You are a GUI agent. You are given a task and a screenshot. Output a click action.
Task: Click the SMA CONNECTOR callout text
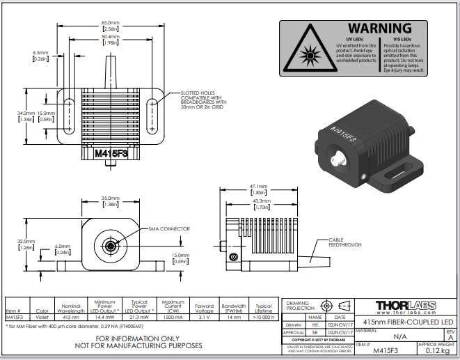(x=169, y=229)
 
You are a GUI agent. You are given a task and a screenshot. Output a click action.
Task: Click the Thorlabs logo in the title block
(x=406, y=305)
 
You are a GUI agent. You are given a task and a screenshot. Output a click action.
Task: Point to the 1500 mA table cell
(x=173, y=317)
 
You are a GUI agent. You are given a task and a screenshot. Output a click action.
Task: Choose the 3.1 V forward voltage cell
(x=204, y=317)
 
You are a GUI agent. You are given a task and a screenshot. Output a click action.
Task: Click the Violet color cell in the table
(x=42, y=317)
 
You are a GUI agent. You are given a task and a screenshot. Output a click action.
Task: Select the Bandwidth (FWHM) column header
(x=234, y=307)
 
